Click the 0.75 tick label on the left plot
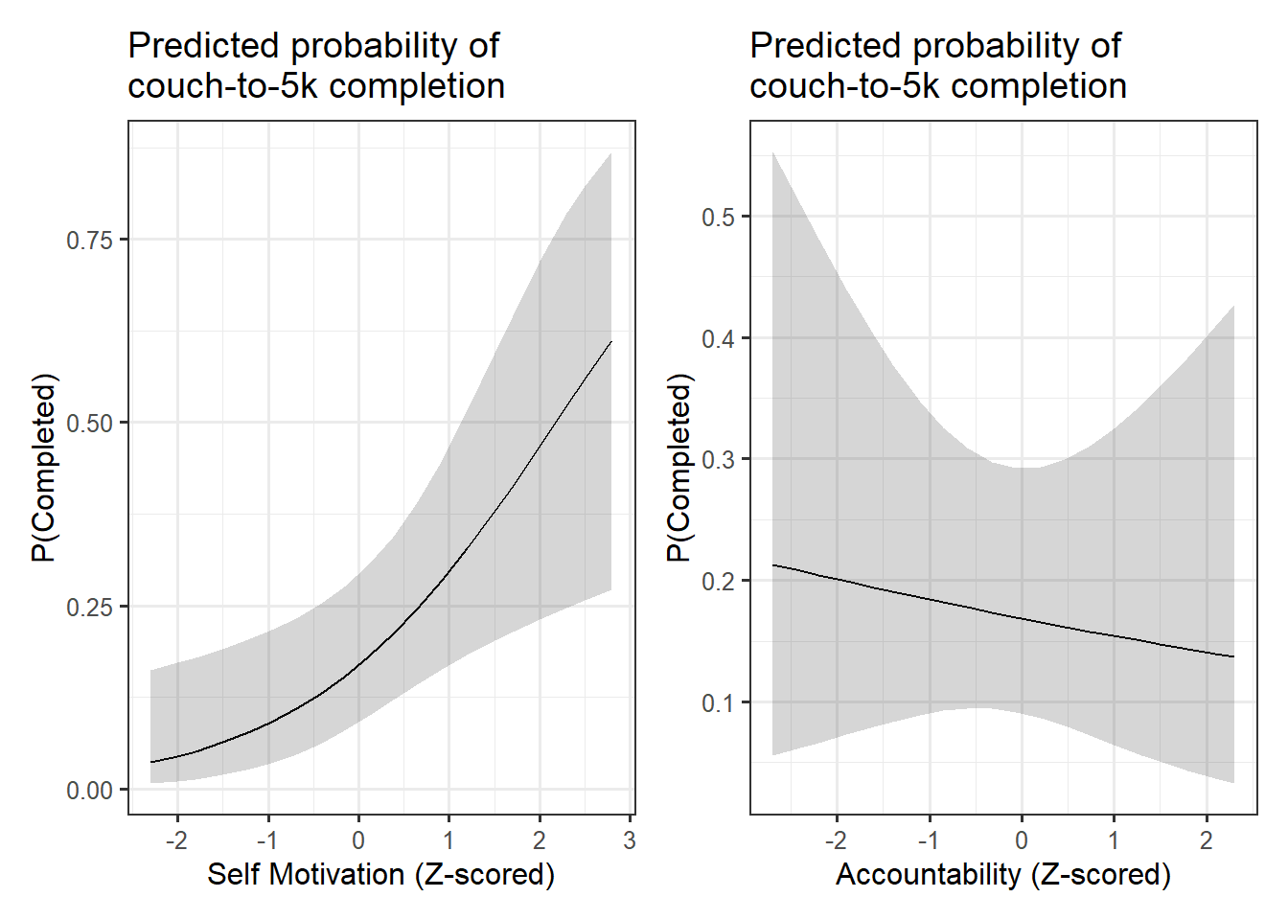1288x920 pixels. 89,240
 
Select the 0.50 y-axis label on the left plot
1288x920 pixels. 89,424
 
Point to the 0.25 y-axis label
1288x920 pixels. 89,608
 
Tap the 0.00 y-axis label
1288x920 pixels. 89,791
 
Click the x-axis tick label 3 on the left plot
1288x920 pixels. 629,840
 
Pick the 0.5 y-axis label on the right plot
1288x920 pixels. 718,218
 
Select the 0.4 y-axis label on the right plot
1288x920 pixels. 718,339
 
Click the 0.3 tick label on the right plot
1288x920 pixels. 718,460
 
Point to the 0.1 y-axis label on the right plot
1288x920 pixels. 718,703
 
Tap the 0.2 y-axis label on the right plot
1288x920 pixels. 718,582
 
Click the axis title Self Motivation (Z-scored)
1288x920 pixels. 380,874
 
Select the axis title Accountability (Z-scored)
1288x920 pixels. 1002,874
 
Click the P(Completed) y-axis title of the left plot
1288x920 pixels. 44,468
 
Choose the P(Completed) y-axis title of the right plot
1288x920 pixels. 678,468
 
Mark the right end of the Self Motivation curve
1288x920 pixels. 611,341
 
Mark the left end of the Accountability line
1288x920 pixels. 773,565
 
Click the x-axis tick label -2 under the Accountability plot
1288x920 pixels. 835,840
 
